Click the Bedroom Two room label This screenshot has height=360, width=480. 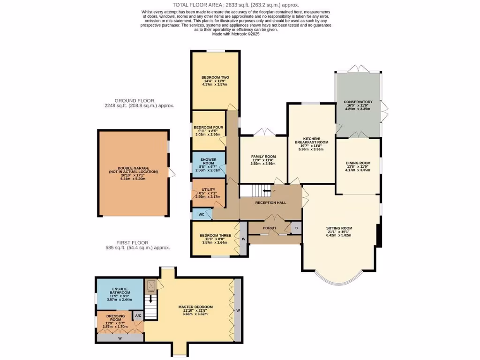(215, 77)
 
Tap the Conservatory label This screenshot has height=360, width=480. (358, 102)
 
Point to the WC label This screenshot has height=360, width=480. (201, 215)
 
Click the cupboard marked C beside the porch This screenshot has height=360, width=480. (296, 228)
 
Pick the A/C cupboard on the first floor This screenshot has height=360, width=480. (138, 316)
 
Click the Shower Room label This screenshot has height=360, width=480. (208, 161)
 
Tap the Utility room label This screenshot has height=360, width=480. (208, 190)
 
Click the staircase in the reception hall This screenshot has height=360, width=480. (255, 191)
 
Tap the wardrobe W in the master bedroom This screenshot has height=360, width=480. (238, 310)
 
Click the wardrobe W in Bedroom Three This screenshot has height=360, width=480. (243, 238)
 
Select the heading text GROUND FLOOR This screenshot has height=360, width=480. (135, 100)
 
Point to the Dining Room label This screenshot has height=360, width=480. (358, 163)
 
